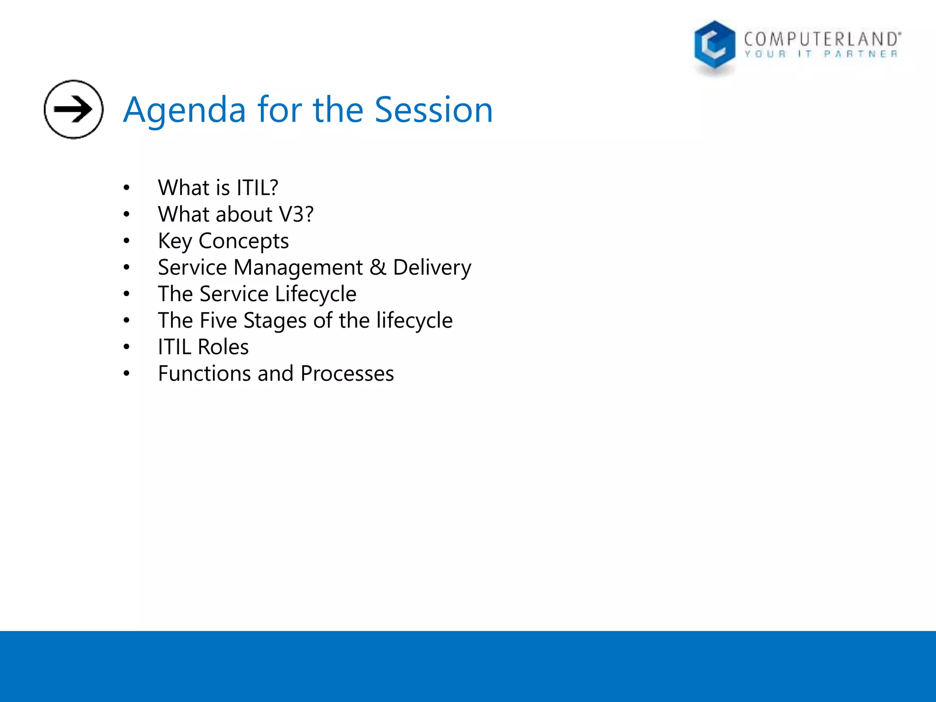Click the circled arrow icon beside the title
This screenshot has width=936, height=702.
[74, 109]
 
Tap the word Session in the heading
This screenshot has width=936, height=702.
[434, 110]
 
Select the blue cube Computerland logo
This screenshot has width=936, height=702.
[714, 46]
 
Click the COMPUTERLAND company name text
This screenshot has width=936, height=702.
[822, 39]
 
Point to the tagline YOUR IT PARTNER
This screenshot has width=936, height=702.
[821, 54]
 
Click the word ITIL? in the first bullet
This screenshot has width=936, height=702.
[257, 188]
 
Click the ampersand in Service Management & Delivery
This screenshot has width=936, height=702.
[378, 267]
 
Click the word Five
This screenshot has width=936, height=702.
[218, 320]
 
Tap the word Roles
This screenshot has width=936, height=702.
[223, 347]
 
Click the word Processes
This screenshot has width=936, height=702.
[347, 373]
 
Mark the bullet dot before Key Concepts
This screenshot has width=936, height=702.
[127, 241]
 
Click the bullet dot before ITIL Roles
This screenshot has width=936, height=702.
[127, 347]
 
